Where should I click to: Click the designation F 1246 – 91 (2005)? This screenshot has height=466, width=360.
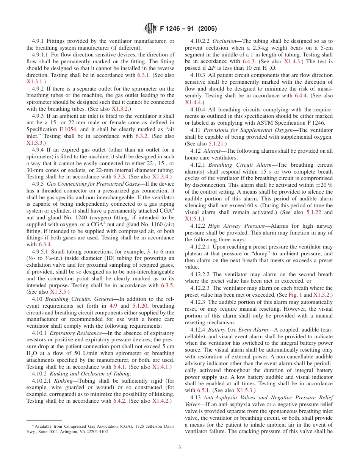click(x=188, y=29)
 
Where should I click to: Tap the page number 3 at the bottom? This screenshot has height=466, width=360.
click(x=180, y=447)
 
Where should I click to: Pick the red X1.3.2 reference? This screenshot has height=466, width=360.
click(x=121, y=109)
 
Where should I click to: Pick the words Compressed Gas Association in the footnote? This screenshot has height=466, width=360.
click(x=86, y=426)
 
